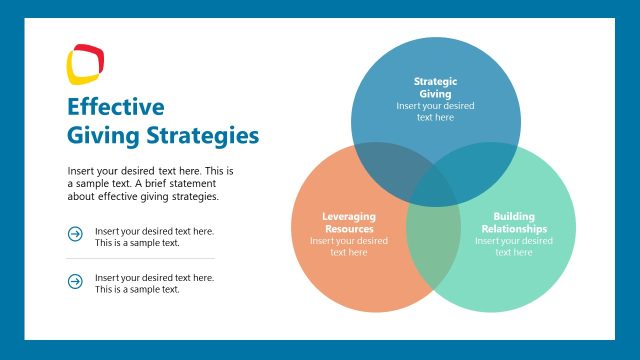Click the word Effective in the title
(x=115, y=107)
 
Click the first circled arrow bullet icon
(x=75, y=234)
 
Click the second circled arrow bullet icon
(x=75, y=282)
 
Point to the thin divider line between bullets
(x=140, y=258)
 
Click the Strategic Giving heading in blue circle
(x=435, y=87)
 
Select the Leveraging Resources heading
(x=348, y=222)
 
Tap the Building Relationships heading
(x=514, y=222)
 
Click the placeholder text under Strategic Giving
(x=435, y=111)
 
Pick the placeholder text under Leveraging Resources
(x=348, y=246)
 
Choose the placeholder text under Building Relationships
(x=514, y=246)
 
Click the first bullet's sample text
(x=154, y=236)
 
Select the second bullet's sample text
(x=154, y=283)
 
